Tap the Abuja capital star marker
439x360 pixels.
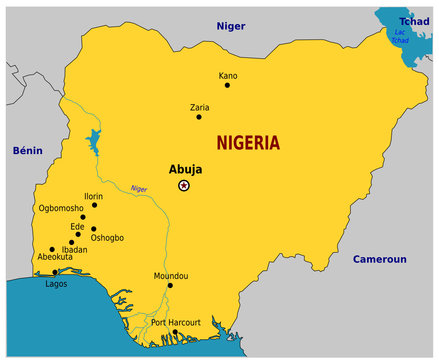184,186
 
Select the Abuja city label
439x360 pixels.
185,169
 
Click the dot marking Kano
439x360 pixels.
228,86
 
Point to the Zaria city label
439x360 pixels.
199,105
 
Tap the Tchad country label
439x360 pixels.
414,21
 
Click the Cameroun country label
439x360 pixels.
379,259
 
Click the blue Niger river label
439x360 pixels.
139,188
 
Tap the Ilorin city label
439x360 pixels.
93,197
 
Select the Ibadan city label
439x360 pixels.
74,249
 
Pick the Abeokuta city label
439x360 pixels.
55,258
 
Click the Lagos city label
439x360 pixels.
57,284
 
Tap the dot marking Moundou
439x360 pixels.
170,286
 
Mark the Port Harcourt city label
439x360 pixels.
175,322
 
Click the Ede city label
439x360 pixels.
77,226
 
